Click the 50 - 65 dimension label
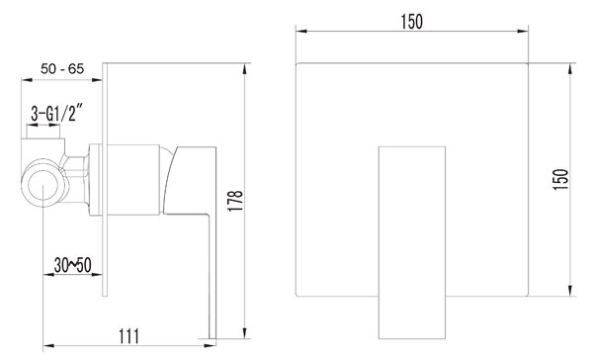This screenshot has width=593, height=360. coord(62,69)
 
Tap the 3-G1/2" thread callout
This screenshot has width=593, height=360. coord(56,113)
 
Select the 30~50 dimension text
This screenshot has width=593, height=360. coord(72,265)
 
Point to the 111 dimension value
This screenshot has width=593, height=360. coord(129,336)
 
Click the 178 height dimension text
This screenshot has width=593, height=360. coord(235,201)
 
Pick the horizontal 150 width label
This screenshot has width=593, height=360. coord(412,22)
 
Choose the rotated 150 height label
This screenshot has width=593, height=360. coord(560,179)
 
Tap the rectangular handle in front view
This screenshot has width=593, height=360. coord(412,242)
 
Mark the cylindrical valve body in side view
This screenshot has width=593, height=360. coord(133,180)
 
